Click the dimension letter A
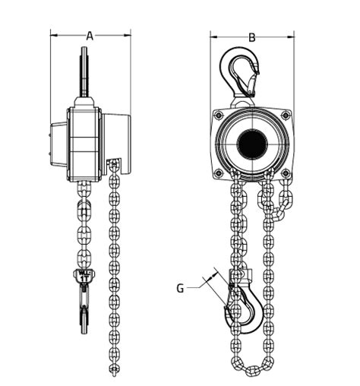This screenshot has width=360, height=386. tap(90, 34)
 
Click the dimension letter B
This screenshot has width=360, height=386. tap(252, 36)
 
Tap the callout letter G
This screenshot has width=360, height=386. tap(180, 287)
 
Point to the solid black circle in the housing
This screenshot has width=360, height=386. tap(251, 144)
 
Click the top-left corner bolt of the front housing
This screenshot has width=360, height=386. tap(219, 115)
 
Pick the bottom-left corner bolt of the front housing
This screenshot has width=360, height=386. tap(219, 173)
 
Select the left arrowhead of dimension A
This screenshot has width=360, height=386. tap(54, 34)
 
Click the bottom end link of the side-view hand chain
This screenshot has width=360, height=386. tap(115, 370)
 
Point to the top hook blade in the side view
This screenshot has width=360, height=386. tap(84, 72)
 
